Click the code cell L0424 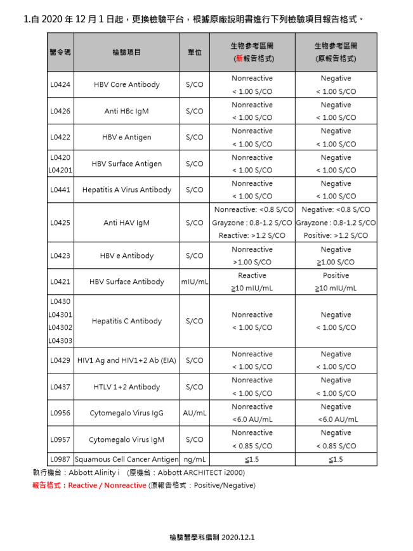point(60,84)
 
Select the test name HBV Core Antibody point(126,84)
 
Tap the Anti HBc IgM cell point(126,111)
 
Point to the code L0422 point(60,137)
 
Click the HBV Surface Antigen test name point(126,164)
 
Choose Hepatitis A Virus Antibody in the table point(126,190)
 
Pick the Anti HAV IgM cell point(126,223)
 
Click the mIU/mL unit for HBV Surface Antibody point(194,282)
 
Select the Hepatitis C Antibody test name point(126,321)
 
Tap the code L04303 point(60,340)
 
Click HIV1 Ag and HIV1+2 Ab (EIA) point(126,360)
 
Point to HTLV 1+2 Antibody point(126,387)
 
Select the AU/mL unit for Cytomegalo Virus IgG point(194,413)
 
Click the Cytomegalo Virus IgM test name point(126,439)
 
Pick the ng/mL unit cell point(194,459)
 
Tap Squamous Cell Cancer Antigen point(126,459)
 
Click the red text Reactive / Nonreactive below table point(107,486)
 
